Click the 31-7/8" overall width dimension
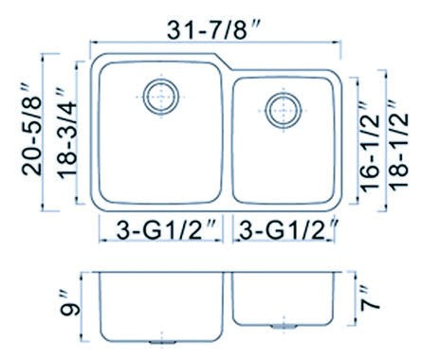[x=213, y=30]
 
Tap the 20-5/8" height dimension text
[x=32, y=130]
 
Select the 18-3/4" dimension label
[x=67, y=134]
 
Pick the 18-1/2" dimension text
[x=399, y=145]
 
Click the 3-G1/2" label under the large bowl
[x=167, y=230]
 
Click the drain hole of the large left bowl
[x=161, y=97]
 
